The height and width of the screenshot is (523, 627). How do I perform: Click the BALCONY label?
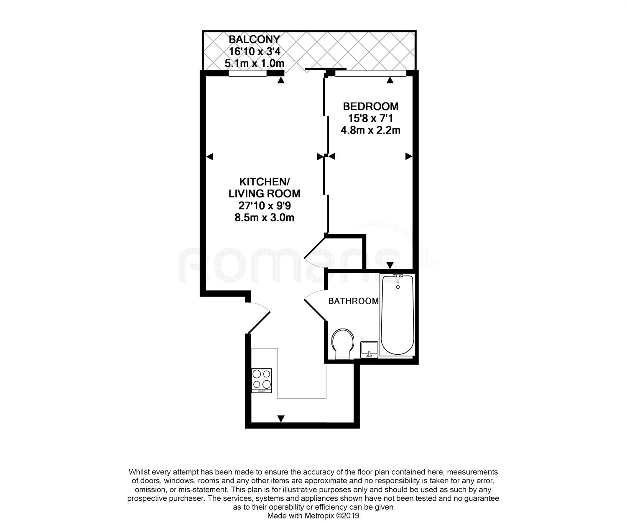254,40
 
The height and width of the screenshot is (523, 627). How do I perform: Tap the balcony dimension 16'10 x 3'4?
254,51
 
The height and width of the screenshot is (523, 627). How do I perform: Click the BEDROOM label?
370,106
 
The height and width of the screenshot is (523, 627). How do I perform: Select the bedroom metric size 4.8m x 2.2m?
370,130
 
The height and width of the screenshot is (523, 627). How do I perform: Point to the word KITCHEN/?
264,182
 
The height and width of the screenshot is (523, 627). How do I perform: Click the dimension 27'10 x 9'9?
264,205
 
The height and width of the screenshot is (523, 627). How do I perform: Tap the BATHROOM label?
353,301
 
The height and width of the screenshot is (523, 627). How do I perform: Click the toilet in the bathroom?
343,343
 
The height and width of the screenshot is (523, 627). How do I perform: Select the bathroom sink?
370,349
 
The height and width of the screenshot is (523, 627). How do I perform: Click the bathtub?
398,314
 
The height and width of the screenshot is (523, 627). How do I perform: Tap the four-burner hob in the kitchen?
261,379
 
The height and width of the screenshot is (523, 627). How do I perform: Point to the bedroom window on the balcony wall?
370,74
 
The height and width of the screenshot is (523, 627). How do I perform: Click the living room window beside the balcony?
247,74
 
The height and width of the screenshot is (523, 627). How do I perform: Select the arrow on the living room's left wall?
210,156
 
